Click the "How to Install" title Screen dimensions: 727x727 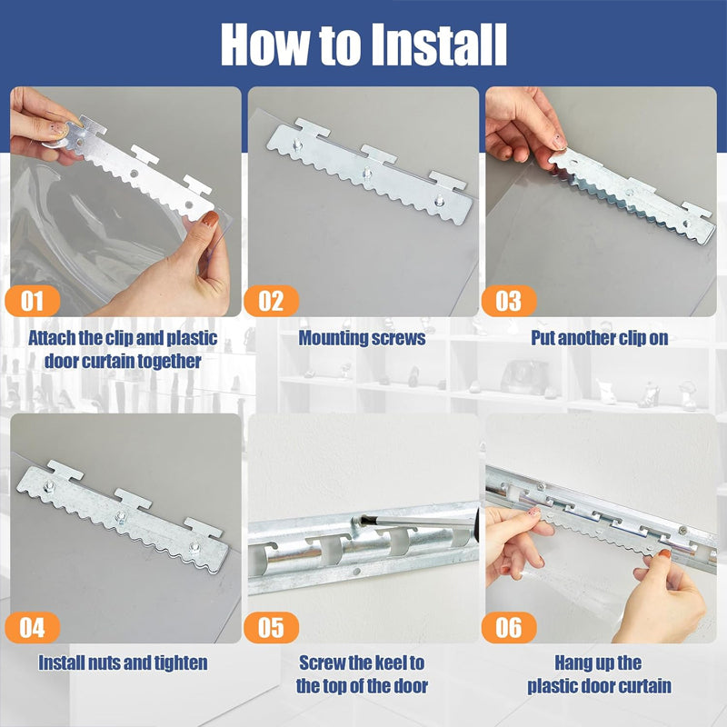pyautogui.click(x=363, y=42)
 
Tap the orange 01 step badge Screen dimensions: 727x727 pyautogui.click(x=35, y=300)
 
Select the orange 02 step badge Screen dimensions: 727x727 pyautogui.click(x=272, y=300)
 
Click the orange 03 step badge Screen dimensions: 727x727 pyautogui.click(x=508, y=300)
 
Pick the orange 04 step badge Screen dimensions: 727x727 pyautogui.click(x=35, y=626)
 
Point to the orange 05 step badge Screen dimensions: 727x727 pyautogui.click(x=272, y=626)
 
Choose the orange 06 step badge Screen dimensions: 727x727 pyautogui.click(x=508, y=626)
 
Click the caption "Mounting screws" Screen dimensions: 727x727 pyautogui.click(x=363, y=338)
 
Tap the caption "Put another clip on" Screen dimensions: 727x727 pyautogui.click(x=600, y=338)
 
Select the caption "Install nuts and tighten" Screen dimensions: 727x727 pyautogui.click(x=123, y=662)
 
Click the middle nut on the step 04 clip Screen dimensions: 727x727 pyautogui.click(x=119, y=517)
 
